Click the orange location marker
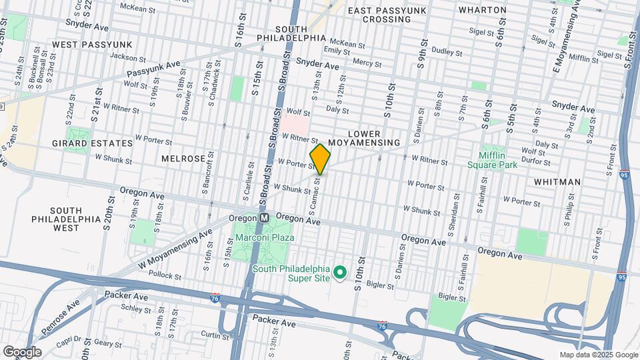(x=320, y=159)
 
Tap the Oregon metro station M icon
(x=264, y=218)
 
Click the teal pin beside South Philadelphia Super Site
(x=340, y=273)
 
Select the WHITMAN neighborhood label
(x=557, y=181)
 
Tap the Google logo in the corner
(x=21, y=351)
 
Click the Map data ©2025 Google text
(x=598, y=355)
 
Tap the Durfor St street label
(x=551, y=161)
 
